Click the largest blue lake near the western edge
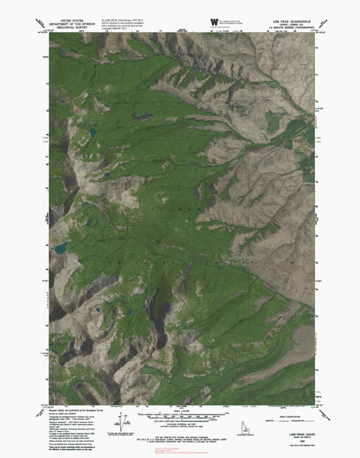pyautogui.click(x=59, y=245)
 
